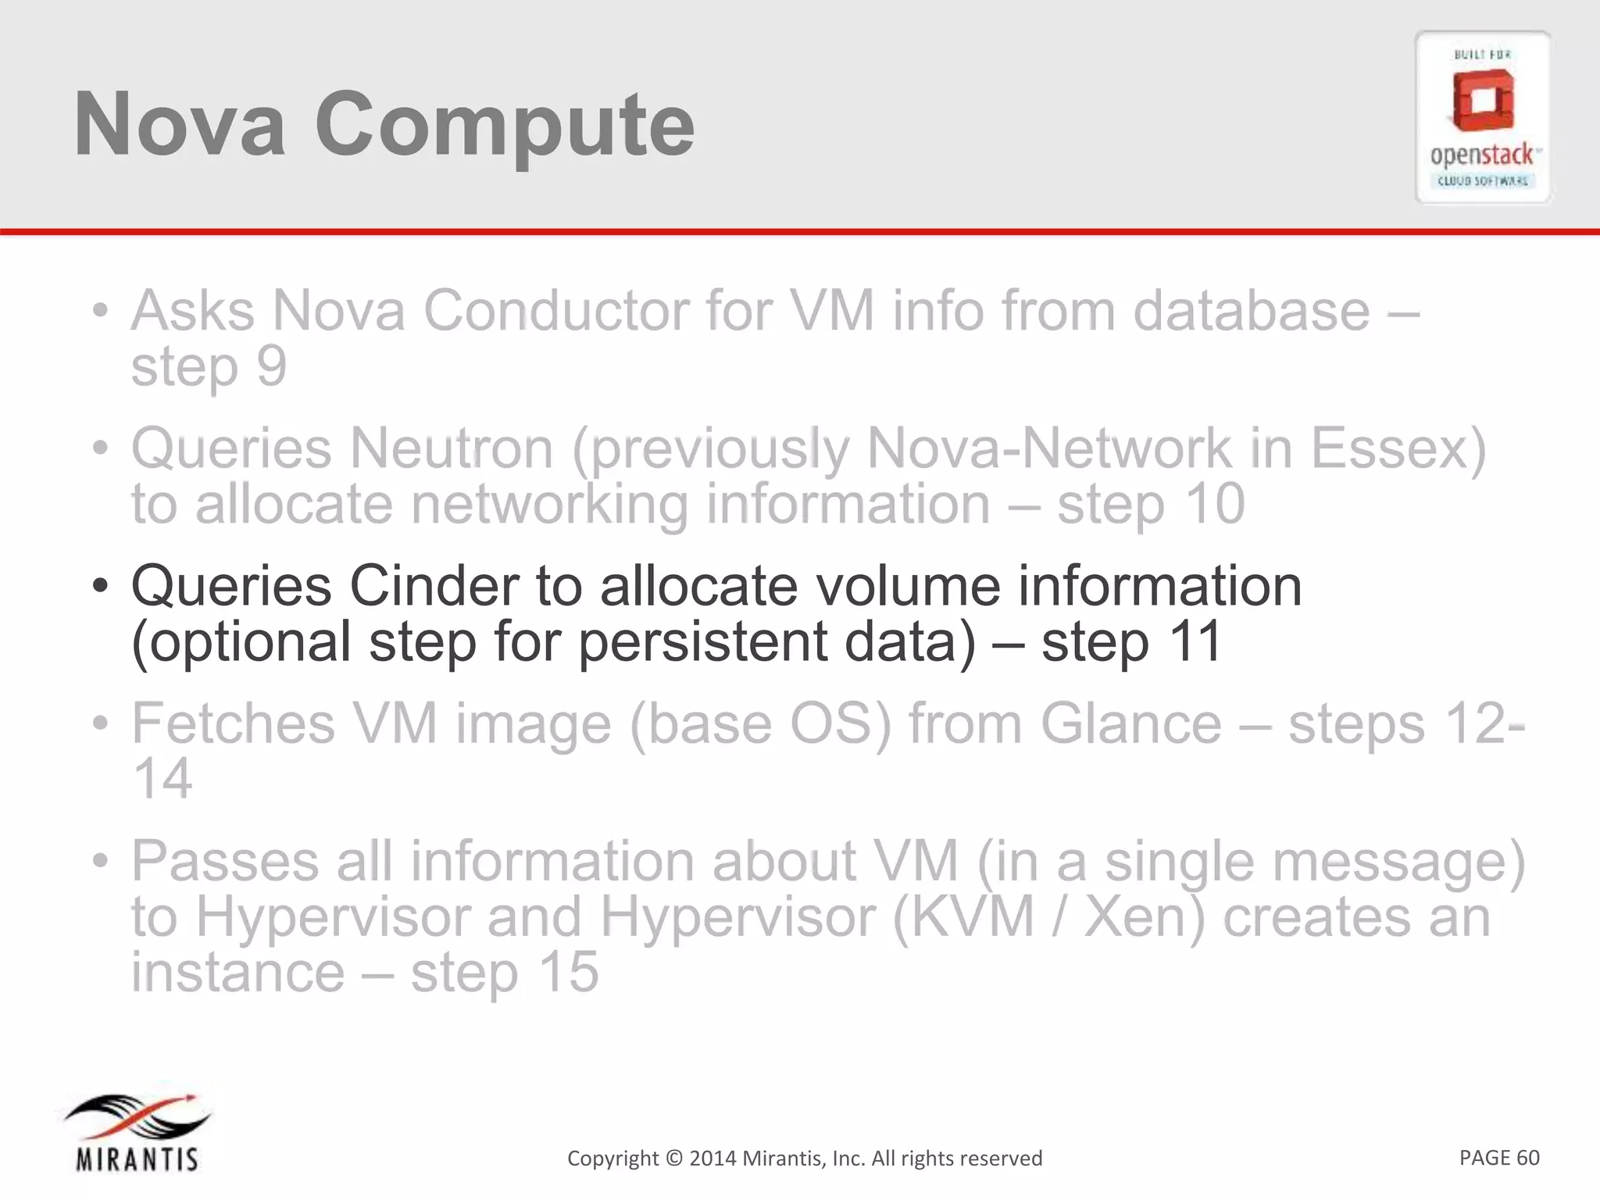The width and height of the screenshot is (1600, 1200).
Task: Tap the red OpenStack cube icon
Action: (x=1483, y=102)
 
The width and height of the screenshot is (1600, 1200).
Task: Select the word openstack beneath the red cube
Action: (x=1481, y=155)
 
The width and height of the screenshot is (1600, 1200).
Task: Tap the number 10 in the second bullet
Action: (x=1213, y=504)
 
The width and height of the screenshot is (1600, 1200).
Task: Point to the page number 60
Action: (x=1527, y=1157)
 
